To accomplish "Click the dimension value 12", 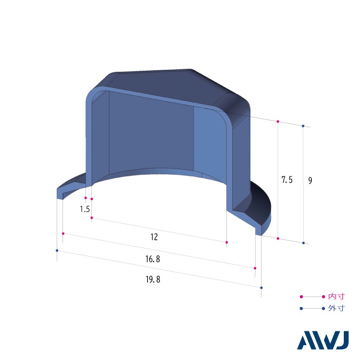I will click(x=154, y=237).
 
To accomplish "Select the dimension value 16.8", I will click(x=153, y=259).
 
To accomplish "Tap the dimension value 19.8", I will click(x=153, y=279).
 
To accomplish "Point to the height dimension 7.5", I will click(x=287, y=180).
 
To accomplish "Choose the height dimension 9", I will click(x=310, y=180).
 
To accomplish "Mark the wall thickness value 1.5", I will click(x=85, y=209).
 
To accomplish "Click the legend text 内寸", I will click(x=336, y=297).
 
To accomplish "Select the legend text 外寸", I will click(x=336, y=309).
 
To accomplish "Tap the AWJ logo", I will click(x=323, y=341).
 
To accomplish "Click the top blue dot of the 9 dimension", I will click(x=303, y=126).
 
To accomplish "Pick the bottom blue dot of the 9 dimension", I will click(x=303, y=243).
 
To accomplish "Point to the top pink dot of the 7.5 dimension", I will click(x=278, y=121).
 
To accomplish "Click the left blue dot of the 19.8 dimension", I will click(x=57, y=250).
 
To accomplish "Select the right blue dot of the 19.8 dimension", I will click(x=261, y=288).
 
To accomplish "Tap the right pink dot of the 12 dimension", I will click(x=226, y=243).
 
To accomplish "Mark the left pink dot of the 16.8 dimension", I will click(x=63, y=234).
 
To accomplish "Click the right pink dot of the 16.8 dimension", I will click(x=255, y=268).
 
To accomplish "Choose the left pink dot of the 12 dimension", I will click(x=92, y=218).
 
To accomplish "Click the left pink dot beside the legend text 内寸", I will click(x=301, y=297).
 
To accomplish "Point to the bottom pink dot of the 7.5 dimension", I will click(x=278, y=238).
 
